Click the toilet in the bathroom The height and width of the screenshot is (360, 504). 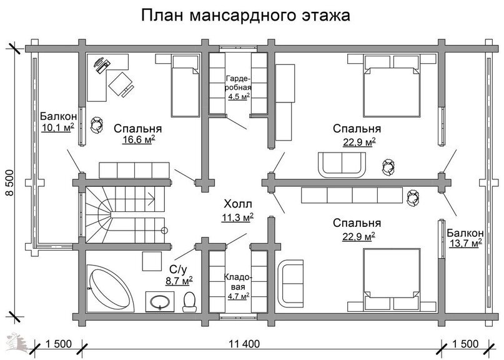click(x=189, y=302)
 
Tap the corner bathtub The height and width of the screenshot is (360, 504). click(x=109, y=288)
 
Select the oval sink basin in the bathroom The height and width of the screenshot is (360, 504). click(x=160, y=302)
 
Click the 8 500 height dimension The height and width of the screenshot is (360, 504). click(x=9, y=182)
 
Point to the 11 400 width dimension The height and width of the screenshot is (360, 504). click(x=244, y=344)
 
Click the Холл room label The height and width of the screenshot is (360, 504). click(x=238, y=204)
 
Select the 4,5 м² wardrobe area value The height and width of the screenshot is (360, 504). click(x=239, y=96)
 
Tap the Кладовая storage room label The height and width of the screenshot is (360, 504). click(x=238, y=282)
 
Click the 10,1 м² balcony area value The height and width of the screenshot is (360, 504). click(x=58, y=127)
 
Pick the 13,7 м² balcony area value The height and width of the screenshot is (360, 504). click(x=465, y=243)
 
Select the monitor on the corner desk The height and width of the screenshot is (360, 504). click(x=102, y=67)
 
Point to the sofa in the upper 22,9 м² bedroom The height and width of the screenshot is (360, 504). click(x=342, y=164)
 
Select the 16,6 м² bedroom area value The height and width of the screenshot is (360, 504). click(x=139, y=139)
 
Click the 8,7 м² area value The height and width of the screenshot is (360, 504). click(x=179, y=280)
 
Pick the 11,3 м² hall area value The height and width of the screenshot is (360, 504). click(x=237, y=217)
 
